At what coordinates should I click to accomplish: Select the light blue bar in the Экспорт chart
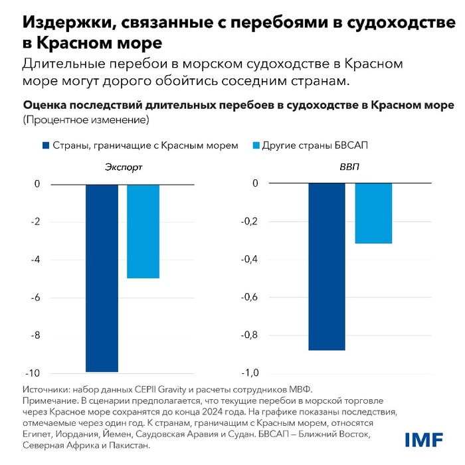coord(143,231)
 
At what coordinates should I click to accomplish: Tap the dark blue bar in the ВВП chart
coord(326,266)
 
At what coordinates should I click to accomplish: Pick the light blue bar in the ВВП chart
coord(373,213)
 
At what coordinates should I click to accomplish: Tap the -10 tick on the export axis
coord(31,373)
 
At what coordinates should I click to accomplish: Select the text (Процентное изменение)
coord(86,120)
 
